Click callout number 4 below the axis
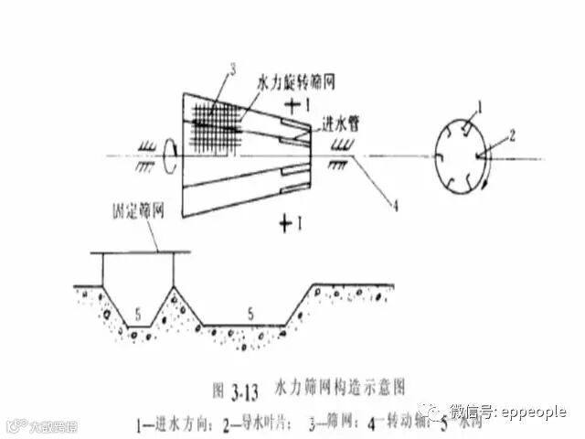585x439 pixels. (395, 207)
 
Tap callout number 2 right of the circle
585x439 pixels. (514, 134)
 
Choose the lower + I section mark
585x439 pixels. (292, 220)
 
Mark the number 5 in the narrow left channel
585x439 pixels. (139, 314)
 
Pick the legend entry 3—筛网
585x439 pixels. (331, 423)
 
